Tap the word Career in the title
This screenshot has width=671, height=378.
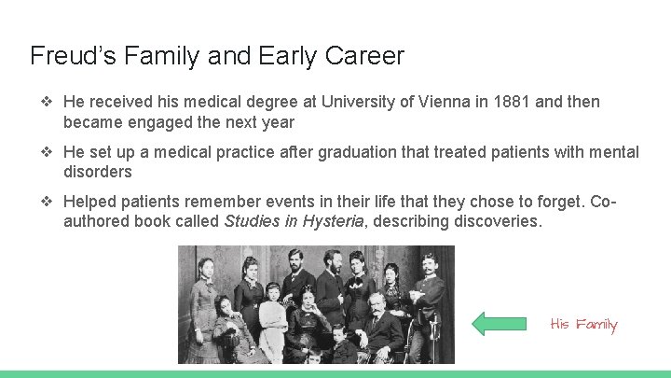coord(365,56)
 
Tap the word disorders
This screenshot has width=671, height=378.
coord(98,173)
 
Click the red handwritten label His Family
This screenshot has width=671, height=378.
coord(584,325)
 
